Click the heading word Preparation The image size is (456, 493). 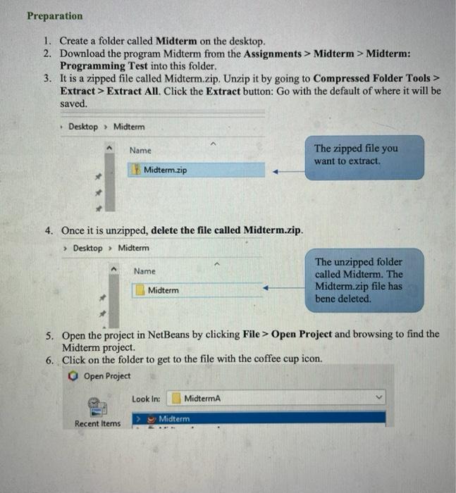(x=54, y=15)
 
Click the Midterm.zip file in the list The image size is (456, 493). (x=165, y=170)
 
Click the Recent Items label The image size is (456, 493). (x=97, y=423)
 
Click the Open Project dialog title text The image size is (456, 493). (x=107, y=375)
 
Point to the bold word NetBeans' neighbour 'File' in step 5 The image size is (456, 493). (x=252, y=334)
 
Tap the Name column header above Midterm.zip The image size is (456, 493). (x=140, y=150)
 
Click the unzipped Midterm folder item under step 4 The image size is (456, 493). (x=163, y=290)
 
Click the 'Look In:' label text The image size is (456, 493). (x=146, y=399)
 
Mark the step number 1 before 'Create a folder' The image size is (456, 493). (x=47, y=42)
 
